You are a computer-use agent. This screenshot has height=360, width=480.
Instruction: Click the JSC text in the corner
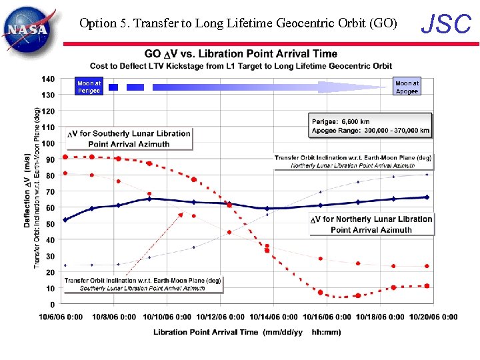click(x=446, y=25)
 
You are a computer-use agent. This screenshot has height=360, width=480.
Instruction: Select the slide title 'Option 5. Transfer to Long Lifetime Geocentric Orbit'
click(x=238, y=23)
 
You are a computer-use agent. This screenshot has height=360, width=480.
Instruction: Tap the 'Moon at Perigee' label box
click(x=89, y=87)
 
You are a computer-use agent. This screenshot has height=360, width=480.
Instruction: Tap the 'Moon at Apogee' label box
click(x=407, y=87)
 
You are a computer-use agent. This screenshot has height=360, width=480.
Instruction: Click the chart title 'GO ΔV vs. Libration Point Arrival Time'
click(x=241, y=54)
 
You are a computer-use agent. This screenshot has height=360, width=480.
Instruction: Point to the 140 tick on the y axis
click(x=48, y=79)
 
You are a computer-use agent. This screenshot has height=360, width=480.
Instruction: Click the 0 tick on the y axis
click(x=53, y=305)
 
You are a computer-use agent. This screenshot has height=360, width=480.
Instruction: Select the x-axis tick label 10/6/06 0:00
click(x=61, y=317)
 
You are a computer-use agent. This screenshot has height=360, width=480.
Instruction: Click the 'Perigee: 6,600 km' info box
click(x=370, y=126)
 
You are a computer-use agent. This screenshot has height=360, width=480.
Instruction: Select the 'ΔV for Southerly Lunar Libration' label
click(x=129, y=139)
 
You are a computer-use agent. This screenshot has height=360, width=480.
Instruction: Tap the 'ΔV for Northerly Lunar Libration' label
click(x=371, y=224)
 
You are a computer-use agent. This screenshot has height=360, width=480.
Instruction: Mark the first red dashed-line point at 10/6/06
click(x=65, y=157)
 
